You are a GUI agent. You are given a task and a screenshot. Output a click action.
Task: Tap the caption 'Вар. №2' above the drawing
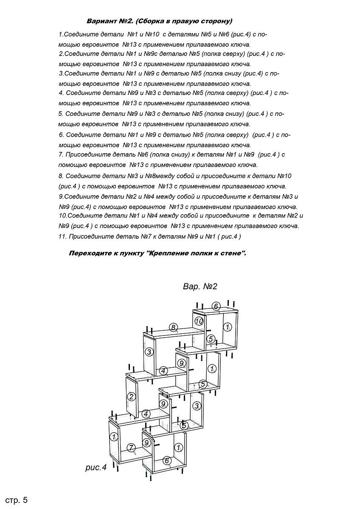tap(200, 286)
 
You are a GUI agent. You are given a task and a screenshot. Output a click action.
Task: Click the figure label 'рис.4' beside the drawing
tap(96, 467)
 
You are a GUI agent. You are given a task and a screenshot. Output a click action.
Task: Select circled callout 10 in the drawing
tap(199, 321)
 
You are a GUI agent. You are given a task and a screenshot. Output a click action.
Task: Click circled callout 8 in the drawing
tap(173, 327)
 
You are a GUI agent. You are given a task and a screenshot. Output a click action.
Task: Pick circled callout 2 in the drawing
tap(132, 397)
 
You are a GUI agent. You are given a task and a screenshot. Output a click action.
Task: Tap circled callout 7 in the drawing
tap(131, 448)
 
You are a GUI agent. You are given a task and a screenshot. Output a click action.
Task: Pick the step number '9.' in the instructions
tap(61, 197)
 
